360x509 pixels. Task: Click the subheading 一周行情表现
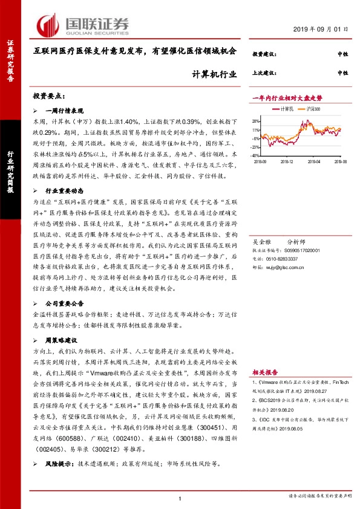point(67,111)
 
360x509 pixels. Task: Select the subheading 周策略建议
point(63,340)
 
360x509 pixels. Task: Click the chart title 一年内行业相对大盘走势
point(287,97)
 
